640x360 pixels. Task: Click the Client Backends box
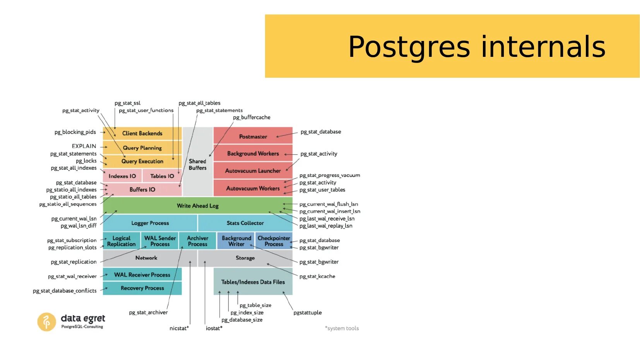[x=142, y=133]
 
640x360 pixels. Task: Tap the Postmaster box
[x=253, y=136]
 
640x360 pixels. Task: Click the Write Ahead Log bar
[x=197, y=206]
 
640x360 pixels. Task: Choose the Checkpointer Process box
[x=274, y=241]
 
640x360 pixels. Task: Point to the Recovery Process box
[x=142, y=288]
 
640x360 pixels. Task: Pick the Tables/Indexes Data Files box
[x=253, y=282]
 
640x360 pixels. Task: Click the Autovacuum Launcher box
[x=253, y=171]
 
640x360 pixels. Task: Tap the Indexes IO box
[x=122, y=176]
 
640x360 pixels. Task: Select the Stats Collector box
[x=245, y=223]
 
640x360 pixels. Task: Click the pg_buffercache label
[x=252, y=117]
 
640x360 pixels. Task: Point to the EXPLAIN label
[x=84, y=146]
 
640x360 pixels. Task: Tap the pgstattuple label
[x=308, y=312]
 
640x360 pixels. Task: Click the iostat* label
[x=214, y=328]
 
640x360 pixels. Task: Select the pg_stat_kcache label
[x=317, y=276]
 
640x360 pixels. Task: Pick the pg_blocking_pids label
[x=75, y=132]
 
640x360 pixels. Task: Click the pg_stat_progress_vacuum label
[x=330, y=175]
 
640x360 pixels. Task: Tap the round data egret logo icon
[x=46, y=322]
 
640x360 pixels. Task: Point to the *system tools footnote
[x=342, y=328]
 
